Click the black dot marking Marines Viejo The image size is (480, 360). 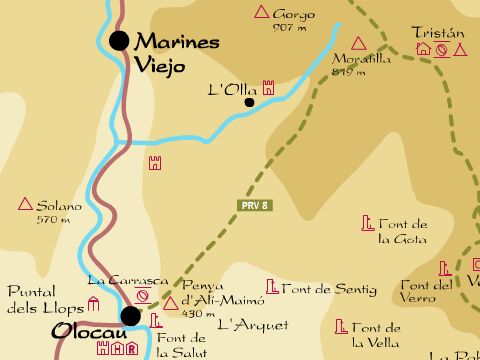(120, 40)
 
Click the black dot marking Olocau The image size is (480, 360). (130, 316)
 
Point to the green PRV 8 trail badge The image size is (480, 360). (256, 206)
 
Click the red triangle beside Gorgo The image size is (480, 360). (262, 13)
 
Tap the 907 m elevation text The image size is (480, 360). (288, 28)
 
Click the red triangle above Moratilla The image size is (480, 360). (382, 46)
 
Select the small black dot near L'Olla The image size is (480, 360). (249, 101)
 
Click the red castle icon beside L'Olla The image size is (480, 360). (268, 89)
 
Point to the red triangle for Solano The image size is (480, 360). (25, 205)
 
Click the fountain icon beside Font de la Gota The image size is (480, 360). (367, 223)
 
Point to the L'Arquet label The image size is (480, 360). (252, 324)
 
